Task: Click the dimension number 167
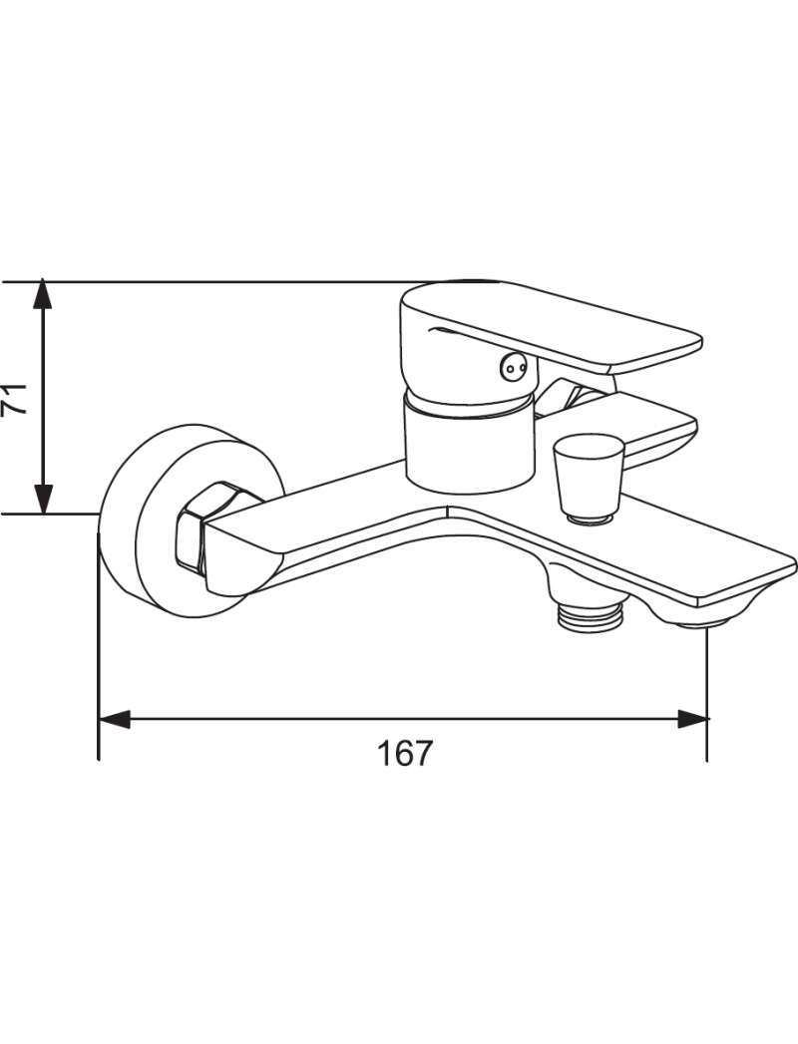pos(405,753)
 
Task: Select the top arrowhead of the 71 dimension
pos(43,293)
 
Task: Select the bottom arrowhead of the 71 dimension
pos(43,499)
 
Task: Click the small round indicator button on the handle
pos(513,366)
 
